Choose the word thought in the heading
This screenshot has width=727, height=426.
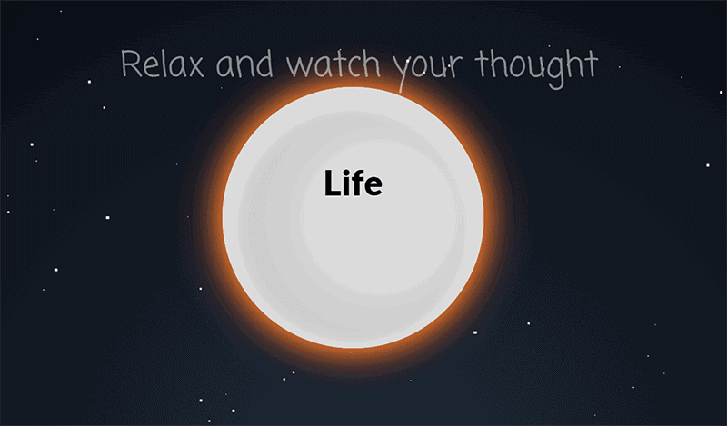coord(537,65)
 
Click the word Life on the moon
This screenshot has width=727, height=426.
coord(354,184)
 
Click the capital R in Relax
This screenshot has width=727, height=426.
coord(130,65)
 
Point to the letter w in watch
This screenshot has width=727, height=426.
coord(297,68)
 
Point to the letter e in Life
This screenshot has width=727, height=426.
coord(373,187)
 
